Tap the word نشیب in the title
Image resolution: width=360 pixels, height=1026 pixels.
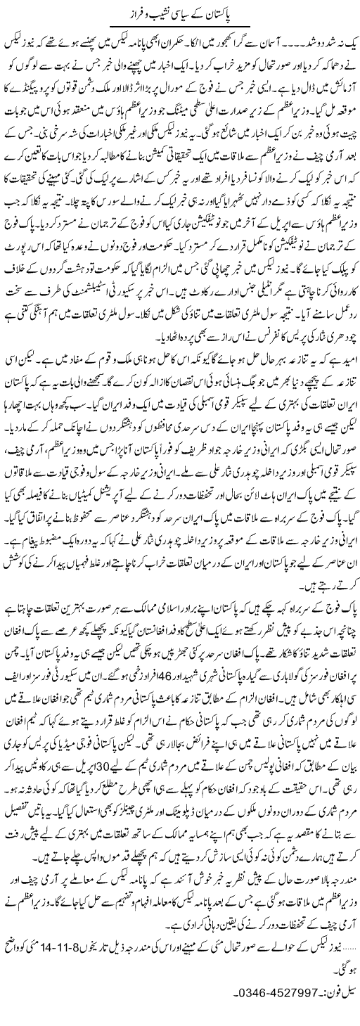coord(163,12)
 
